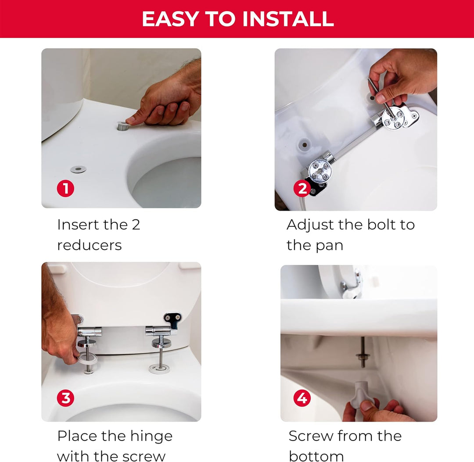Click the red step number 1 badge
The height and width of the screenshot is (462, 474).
coord(65,189)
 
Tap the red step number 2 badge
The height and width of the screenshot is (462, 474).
coord(302,188)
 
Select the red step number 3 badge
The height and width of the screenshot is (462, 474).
coord(65,398)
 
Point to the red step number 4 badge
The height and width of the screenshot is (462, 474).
coord(302,398)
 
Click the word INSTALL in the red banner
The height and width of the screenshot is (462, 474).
coord(288,19)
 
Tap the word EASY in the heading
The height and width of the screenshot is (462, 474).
coord(170,19)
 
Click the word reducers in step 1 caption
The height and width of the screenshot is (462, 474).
coord(90,245)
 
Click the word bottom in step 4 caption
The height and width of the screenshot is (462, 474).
coord(316,456)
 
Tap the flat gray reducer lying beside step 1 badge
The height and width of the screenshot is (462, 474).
coord(78,169)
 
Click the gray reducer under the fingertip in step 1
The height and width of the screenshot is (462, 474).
coord(123,126)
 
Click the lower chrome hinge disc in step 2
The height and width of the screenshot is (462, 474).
coord(320,170)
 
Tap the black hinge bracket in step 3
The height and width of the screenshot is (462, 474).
coord(173,321)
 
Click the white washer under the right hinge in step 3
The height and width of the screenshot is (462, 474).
coord(159,369)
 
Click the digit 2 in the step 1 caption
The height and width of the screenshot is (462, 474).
coord(136,225)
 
